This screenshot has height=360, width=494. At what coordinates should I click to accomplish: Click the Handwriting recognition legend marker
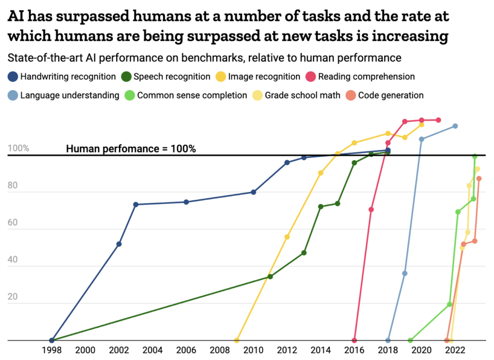13,77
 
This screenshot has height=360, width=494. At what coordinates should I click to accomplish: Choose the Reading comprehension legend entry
366,77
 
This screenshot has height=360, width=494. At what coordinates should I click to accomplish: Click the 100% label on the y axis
18,148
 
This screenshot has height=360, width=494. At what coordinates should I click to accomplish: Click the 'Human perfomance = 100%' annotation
131,149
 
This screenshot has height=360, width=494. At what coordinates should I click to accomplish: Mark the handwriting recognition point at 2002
119,244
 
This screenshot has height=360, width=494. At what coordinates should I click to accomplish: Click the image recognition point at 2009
236,340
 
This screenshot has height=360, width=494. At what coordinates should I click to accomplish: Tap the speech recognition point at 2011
270,277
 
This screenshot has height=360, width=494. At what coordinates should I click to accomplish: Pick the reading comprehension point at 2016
355,340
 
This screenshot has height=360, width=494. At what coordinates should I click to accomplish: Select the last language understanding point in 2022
455,126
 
